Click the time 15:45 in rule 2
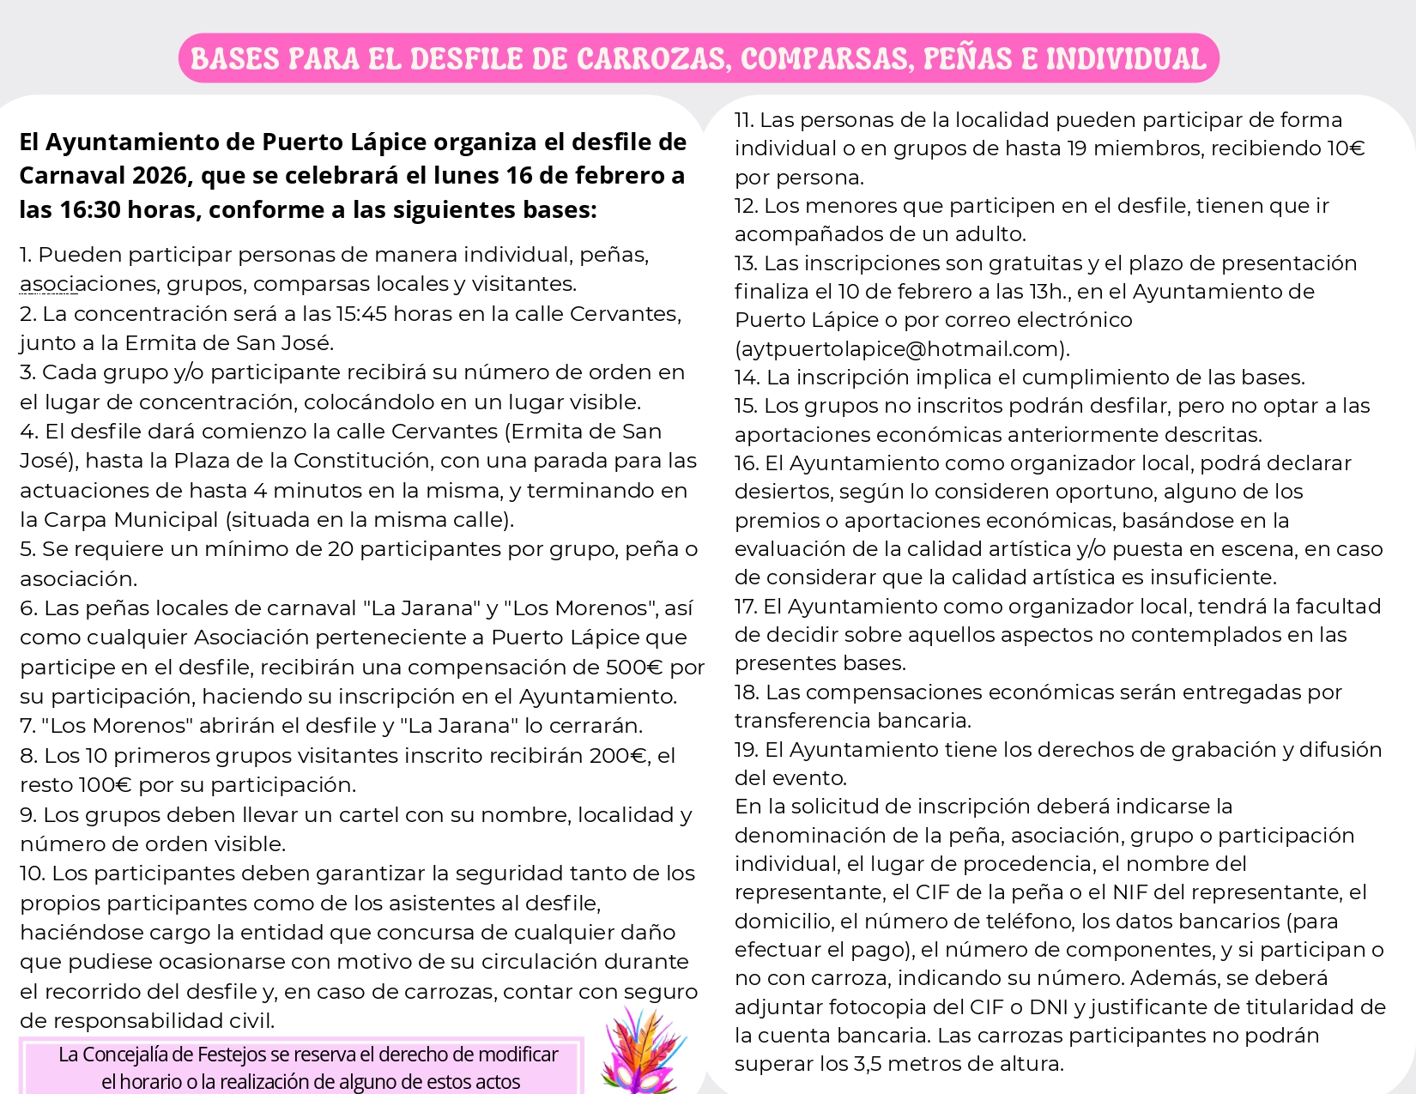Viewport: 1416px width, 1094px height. [x=361, y=314]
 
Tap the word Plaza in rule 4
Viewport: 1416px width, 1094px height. [x=201, y=461]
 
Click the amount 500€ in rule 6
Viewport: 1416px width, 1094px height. [x=634, y=668]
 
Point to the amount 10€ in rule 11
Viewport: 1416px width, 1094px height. [x=1346, y=148]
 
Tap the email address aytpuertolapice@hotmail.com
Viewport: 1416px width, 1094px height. [x=902, y=349]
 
